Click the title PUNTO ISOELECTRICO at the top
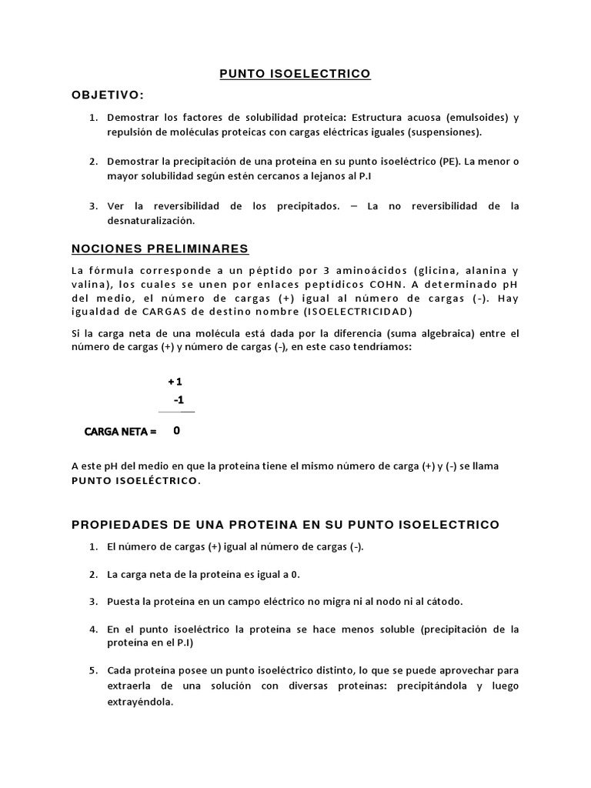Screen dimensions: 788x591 (295, 74)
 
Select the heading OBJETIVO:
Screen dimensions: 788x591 (107, 94)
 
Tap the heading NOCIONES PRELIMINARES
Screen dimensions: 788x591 (159, 249)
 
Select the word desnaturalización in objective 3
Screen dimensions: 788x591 (152, 220)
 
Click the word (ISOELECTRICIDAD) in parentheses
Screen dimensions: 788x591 (348, 312)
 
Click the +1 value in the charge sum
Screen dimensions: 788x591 (175, 382)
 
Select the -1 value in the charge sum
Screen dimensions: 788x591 (179, 400)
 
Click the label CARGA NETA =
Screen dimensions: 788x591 (120, 432)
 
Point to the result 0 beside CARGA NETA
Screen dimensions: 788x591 (177, 432)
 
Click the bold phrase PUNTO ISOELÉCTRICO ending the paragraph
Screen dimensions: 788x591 (135, 481)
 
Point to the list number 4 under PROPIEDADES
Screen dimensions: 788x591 (92, 629)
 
